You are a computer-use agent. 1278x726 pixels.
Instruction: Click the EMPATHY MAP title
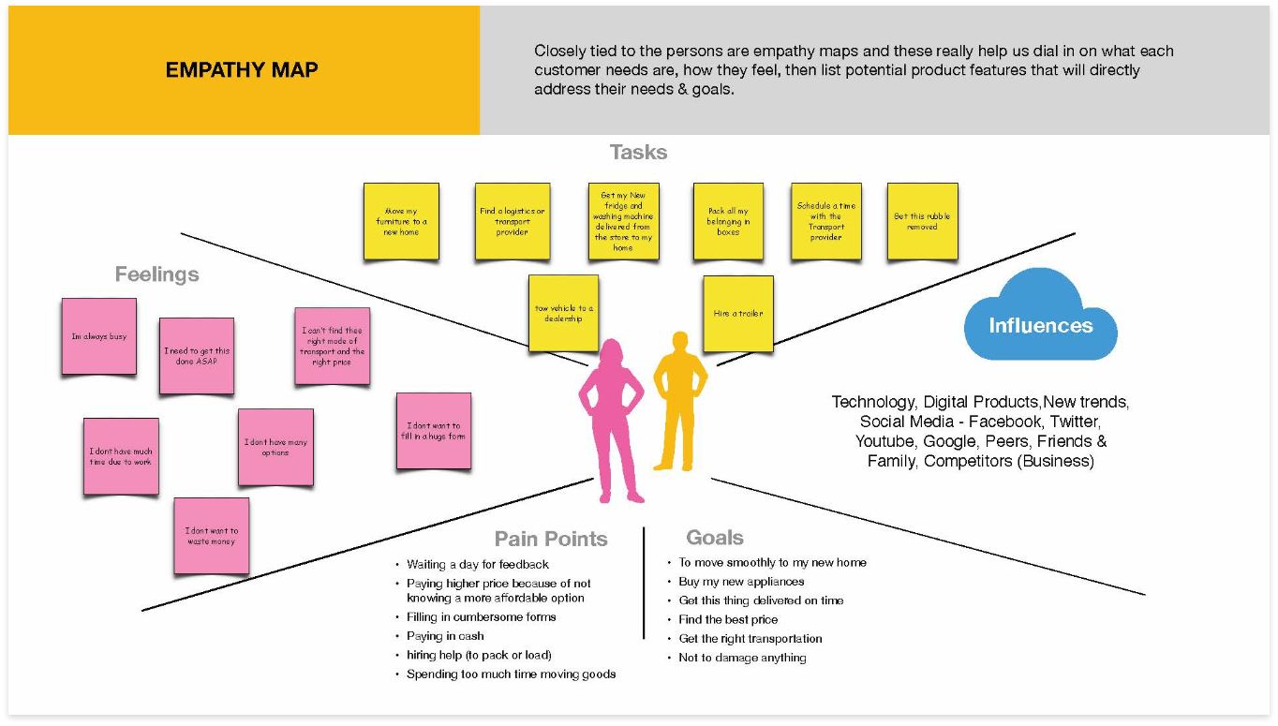(x=242, y=70)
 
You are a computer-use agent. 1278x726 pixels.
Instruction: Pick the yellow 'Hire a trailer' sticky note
(x=738, y=314)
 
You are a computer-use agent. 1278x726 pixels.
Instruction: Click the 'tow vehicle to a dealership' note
(x=563, y=313)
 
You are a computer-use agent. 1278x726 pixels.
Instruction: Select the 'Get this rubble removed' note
(x=922, y=221)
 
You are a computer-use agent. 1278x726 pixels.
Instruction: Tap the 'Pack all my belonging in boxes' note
(x=728, y=221)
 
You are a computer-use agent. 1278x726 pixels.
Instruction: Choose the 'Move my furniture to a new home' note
(x=400, y=221)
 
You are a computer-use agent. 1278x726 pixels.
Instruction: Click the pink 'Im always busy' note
(x=99, y=336)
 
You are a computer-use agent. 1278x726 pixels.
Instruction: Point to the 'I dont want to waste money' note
(x=212, y=536)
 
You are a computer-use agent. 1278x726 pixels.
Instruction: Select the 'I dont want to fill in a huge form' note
(x=434, y=431)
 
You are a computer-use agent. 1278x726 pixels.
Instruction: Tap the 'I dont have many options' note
(x=275, y=447)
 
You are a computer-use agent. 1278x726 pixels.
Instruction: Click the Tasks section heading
(x=638, y=152)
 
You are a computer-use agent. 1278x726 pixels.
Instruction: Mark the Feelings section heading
(x=156, y=274)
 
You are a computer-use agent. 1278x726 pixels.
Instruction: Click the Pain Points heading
(x=551, y=539)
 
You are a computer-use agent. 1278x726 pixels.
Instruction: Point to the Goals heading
(x=715, y=538)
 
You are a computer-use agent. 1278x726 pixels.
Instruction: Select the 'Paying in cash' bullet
(x=445, y=636)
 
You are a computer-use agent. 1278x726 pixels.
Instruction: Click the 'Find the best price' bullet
(x=728, y=619)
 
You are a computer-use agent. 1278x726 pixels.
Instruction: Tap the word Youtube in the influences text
(x=885, y=441)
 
